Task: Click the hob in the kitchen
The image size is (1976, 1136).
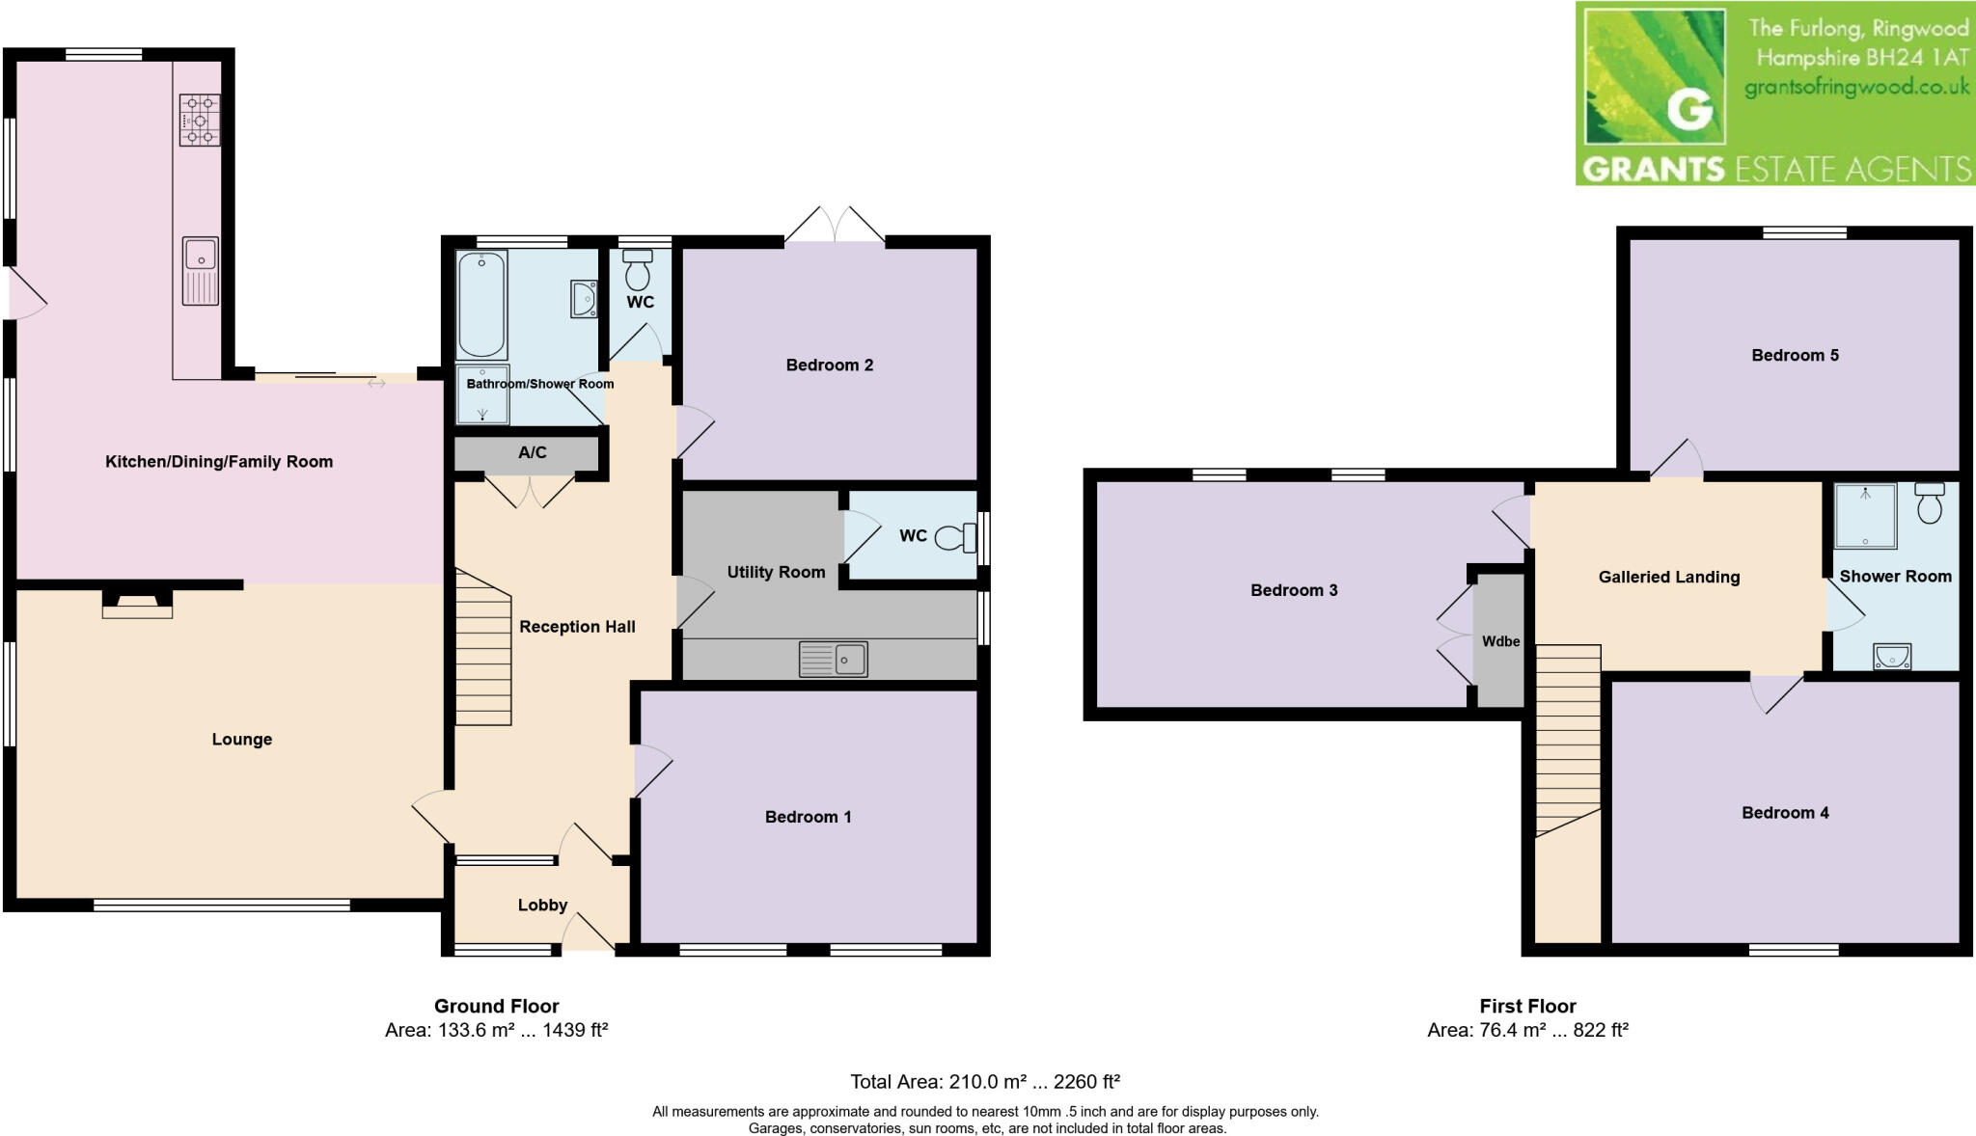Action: pos(200,120)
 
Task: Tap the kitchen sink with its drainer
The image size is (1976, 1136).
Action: pos(201,270)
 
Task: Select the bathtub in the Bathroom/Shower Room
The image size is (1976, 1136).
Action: pos(481,305)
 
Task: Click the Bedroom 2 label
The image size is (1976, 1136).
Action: pos(829,365)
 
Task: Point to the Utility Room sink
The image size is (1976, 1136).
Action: pos(834,660)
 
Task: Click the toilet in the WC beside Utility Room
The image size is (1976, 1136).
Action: pos(958,536)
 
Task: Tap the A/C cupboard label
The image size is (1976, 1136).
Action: pos(532,452)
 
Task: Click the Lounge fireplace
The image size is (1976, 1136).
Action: pos(137,606)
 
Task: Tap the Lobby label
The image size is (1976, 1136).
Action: pos(542,905)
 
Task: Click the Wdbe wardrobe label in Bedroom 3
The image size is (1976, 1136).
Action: pos(1500,641)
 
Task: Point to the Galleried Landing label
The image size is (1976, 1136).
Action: pos(1668,577)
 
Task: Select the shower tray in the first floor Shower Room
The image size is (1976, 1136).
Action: pos(1865,516)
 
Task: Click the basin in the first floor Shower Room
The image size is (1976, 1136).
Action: pos(1892,657)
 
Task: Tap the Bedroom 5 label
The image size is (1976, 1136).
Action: pos(1795,355)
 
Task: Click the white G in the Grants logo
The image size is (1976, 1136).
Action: pos(1689,111)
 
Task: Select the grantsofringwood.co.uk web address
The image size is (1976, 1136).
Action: pos(1856,88)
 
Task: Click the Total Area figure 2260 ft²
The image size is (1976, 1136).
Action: pos(1086,1081)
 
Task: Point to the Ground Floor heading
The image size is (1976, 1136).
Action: pos(496,1006)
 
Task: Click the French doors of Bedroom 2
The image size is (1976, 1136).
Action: pos(835,226)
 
